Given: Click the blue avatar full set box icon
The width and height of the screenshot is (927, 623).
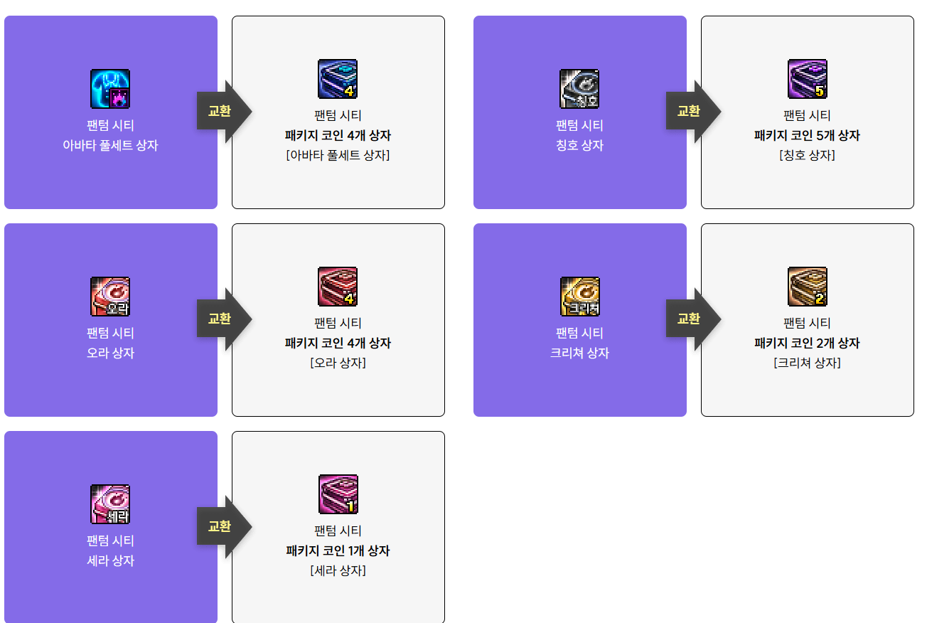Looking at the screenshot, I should [110, 89].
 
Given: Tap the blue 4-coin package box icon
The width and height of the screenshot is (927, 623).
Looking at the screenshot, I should [338, 79].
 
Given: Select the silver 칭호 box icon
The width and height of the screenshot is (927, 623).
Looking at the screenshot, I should [579, 89].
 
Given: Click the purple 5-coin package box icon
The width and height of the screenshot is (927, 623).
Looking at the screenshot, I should [808, 79].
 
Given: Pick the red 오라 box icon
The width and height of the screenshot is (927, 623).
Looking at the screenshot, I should [110, 297].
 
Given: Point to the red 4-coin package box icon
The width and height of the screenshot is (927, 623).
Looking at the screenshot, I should [338, 287].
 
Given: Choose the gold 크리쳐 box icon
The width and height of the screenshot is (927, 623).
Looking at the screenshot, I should [579, 297].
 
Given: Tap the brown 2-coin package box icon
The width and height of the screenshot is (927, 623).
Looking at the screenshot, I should [808, 287].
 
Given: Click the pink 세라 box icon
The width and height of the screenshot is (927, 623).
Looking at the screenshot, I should [110, 504].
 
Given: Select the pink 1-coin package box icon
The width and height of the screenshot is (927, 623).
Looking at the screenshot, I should [338, 494].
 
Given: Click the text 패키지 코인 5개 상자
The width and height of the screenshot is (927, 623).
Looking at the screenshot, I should [807, 135].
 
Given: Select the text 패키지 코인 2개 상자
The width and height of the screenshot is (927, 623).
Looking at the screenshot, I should [807, 343].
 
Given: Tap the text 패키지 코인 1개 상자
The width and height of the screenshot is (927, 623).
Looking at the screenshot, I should [338, 550].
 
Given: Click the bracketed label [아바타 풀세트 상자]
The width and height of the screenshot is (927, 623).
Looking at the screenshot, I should [338, 155].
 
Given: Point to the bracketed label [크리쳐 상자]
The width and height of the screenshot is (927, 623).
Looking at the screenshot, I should [807, 363].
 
